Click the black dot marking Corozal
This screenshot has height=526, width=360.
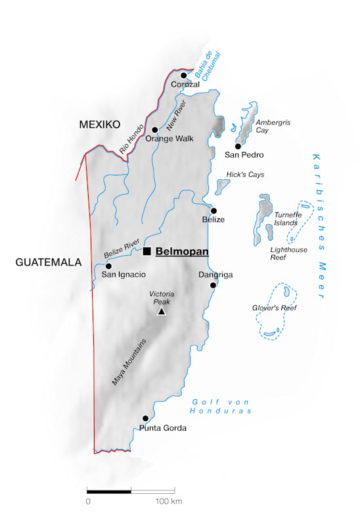[184, 75]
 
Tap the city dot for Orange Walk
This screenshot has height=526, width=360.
[155, 130]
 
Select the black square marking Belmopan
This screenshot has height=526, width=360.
[147, 251]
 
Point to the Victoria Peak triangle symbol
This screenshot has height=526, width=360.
[162, 311]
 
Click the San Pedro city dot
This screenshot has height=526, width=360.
[238, 146]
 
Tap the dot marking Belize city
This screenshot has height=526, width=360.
[214, 210]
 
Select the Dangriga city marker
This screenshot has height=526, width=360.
[213, 285]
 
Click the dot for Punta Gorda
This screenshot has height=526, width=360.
[145, 418]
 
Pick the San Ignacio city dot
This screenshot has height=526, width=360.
[108, 266]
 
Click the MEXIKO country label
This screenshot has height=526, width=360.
[99, 124]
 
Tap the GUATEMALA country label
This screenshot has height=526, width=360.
[49, 262]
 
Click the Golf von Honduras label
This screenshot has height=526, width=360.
[221, 406]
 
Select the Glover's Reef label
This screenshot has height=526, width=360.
[275, 308]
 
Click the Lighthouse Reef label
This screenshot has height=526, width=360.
[288, 254]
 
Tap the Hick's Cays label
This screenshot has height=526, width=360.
[245, 175]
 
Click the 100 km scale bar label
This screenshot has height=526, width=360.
[168, 502]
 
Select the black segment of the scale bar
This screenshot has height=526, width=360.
[109, 490]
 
